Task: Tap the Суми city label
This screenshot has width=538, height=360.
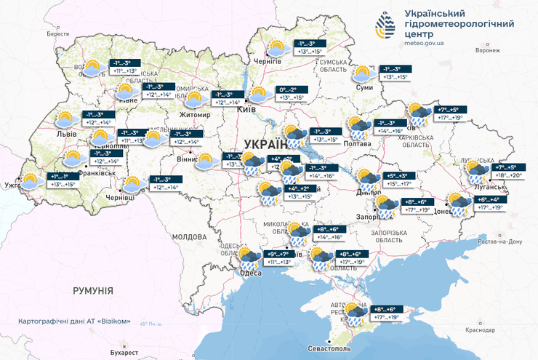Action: [x=365, y=87]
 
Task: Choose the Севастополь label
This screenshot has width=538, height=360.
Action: [x=327, y=350]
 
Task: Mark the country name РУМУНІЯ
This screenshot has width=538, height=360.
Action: [x=93, y=291]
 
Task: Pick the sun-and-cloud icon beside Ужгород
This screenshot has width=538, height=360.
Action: [x=31, y=182]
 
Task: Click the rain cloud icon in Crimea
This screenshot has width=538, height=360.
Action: [x=356, y=313]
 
